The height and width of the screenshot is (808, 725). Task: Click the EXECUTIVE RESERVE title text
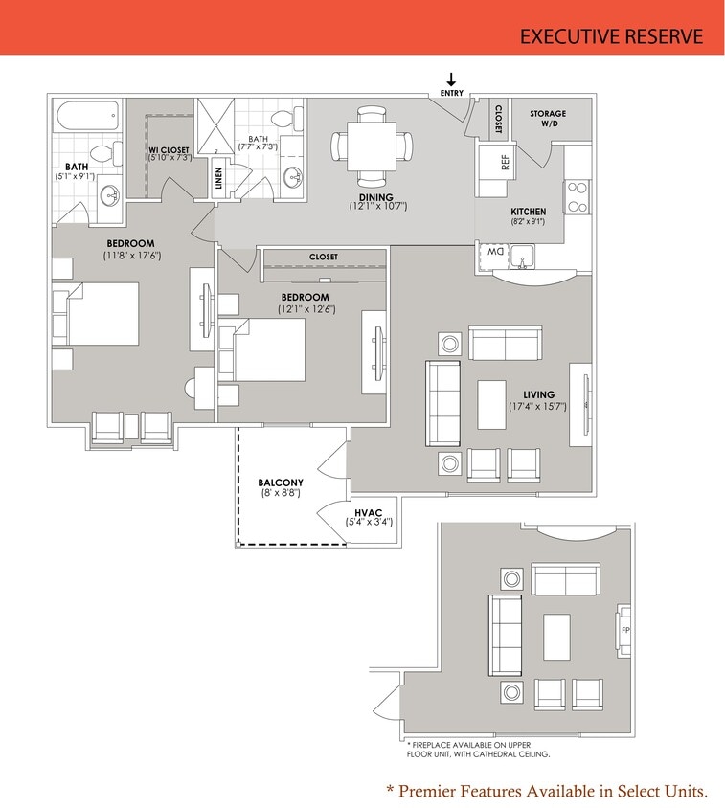[x=611, y=36]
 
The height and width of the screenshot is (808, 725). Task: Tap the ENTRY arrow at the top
[x=451, y=80]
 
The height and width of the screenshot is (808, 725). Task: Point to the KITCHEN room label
[x=528, y=212]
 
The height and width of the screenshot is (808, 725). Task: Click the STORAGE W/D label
[x=548, y=119]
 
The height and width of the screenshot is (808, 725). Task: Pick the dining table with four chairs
[x=374, y=146]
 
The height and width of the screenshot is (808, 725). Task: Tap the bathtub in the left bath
[x=86, y=118]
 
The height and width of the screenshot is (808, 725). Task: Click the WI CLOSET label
[x=169, y=150]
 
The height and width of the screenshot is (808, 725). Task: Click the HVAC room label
[x=369, y=513]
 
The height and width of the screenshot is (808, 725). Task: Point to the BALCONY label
[x=281, y=483]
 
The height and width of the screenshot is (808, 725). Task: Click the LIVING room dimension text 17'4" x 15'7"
[x=538, y=406]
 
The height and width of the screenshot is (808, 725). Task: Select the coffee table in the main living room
[x=492, y=404]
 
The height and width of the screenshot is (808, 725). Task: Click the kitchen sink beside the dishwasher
[x=522, y=257]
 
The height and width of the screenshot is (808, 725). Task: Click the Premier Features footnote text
[x=546, y=791]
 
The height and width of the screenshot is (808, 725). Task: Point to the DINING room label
[x=376, y=197]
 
